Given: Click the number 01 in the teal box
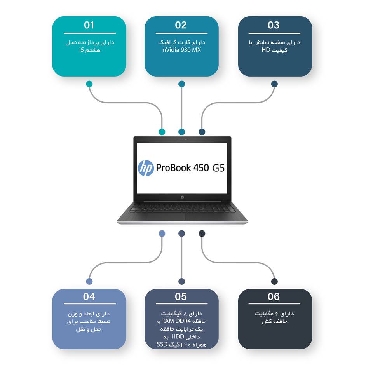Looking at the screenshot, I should point(89,25).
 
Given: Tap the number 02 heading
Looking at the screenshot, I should point(181,25).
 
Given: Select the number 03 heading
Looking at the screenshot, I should point(274,25).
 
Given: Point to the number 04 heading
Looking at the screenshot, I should point(89,297).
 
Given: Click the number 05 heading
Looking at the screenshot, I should point(181,297).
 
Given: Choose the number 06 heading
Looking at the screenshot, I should point(274,297).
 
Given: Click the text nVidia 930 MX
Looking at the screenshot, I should point(181,50).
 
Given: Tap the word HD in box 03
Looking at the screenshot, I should point(265,50).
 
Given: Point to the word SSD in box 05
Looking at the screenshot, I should point(162,344).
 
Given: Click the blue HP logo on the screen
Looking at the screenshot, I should point(146,168).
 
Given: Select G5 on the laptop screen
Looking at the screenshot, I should point(218,168).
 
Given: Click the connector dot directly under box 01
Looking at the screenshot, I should point(89,84).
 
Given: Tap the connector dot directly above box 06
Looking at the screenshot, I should point(274,281).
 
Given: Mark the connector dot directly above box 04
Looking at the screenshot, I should point(89,281).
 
